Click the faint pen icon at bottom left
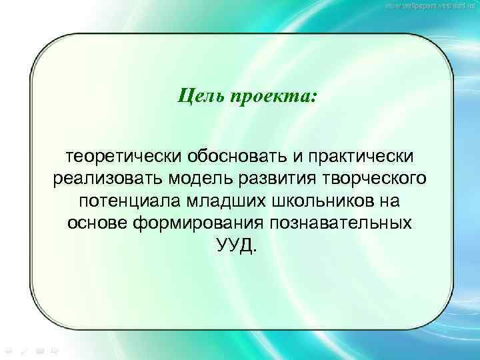coord(23,349)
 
